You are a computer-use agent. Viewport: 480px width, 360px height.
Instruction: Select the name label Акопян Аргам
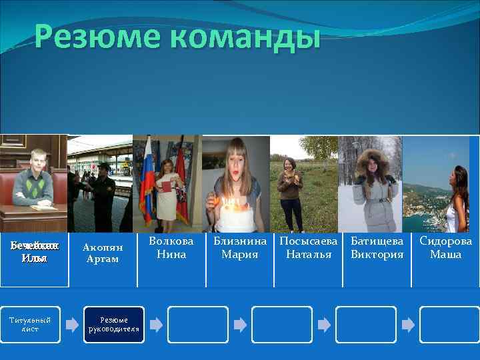[x=103, y=253]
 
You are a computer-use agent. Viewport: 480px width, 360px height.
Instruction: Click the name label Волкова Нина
[x=171, y=247]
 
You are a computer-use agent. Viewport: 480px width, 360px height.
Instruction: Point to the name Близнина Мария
[x=239, y=247]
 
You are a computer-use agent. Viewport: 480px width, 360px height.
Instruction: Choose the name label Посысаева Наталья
[x=308, y=247]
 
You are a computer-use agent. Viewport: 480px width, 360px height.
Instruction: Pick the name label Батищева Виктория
[x=377, y=247]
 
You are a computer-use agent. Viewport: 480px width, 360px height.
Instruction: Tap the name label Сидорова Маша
[x=445, y=247]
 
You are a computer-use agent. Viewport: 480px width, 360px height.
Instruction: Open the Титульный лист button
[x=30, y=325]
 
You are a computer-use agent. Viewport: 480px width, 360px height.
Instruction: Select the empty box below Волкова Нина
[x=197, y=325]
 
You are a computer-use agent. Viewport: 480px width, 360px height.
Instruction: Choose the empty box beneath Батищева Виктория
[x=365, y=325]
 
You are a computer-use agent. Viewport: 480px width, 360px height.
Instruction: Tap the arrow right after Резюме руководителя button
[x=155, y=325]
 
